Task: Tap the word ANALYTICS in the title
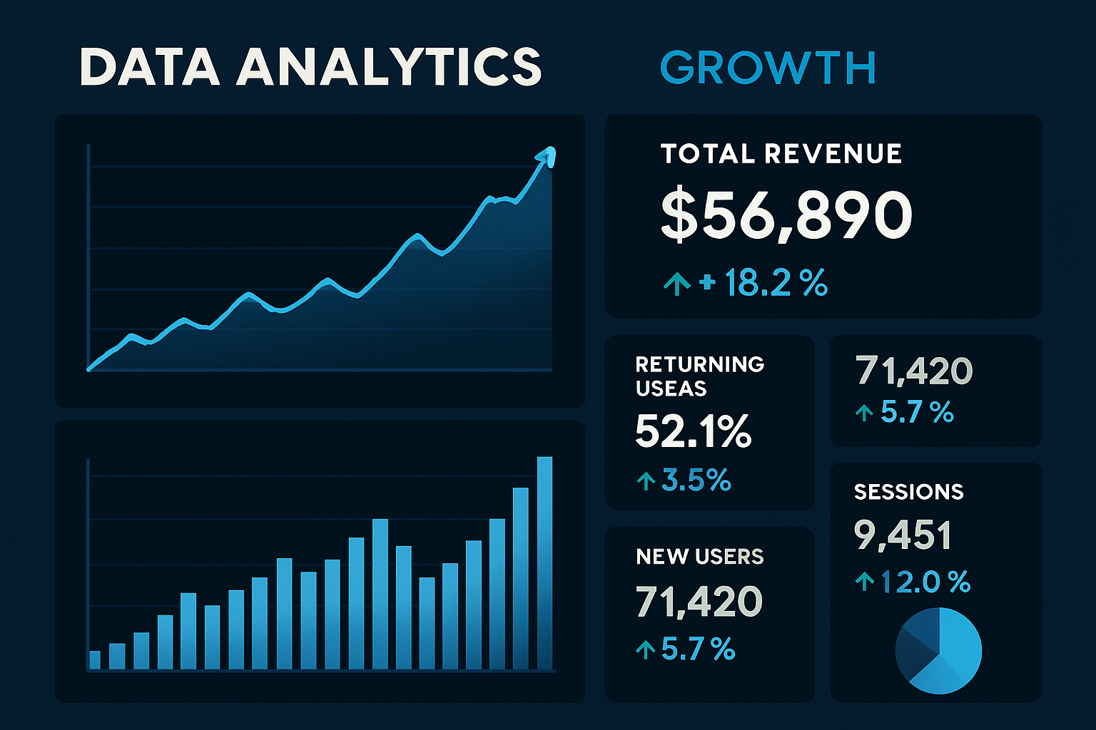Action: coord(390,67)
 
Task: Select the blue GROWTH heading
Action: coord(768,68)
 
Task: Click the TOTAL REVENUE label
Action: coord(781,154)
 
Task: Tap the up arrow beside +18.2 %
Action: coord(676,284)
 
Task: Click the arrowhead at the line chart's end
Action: coord(548,155)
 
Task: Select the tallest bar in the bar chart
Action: coord(544,562)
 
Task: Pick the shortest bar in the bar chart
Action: coord(95,659)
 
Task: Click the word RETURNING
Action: coord(699,364)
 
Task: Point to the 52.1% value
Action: coord(693,432)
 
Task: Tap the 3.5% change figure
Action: coord(696,481)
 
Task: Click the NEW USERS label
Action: coord(699,557)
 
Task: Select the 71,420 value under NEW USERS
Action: coord(699,602)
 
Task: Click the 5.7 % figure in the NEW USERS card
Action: coord(697,649)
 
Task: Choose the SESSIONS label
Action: coord(908,492)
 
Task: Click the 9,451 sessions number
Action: coord(903,536)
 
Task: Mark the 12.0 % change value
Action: coord(925,582)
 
